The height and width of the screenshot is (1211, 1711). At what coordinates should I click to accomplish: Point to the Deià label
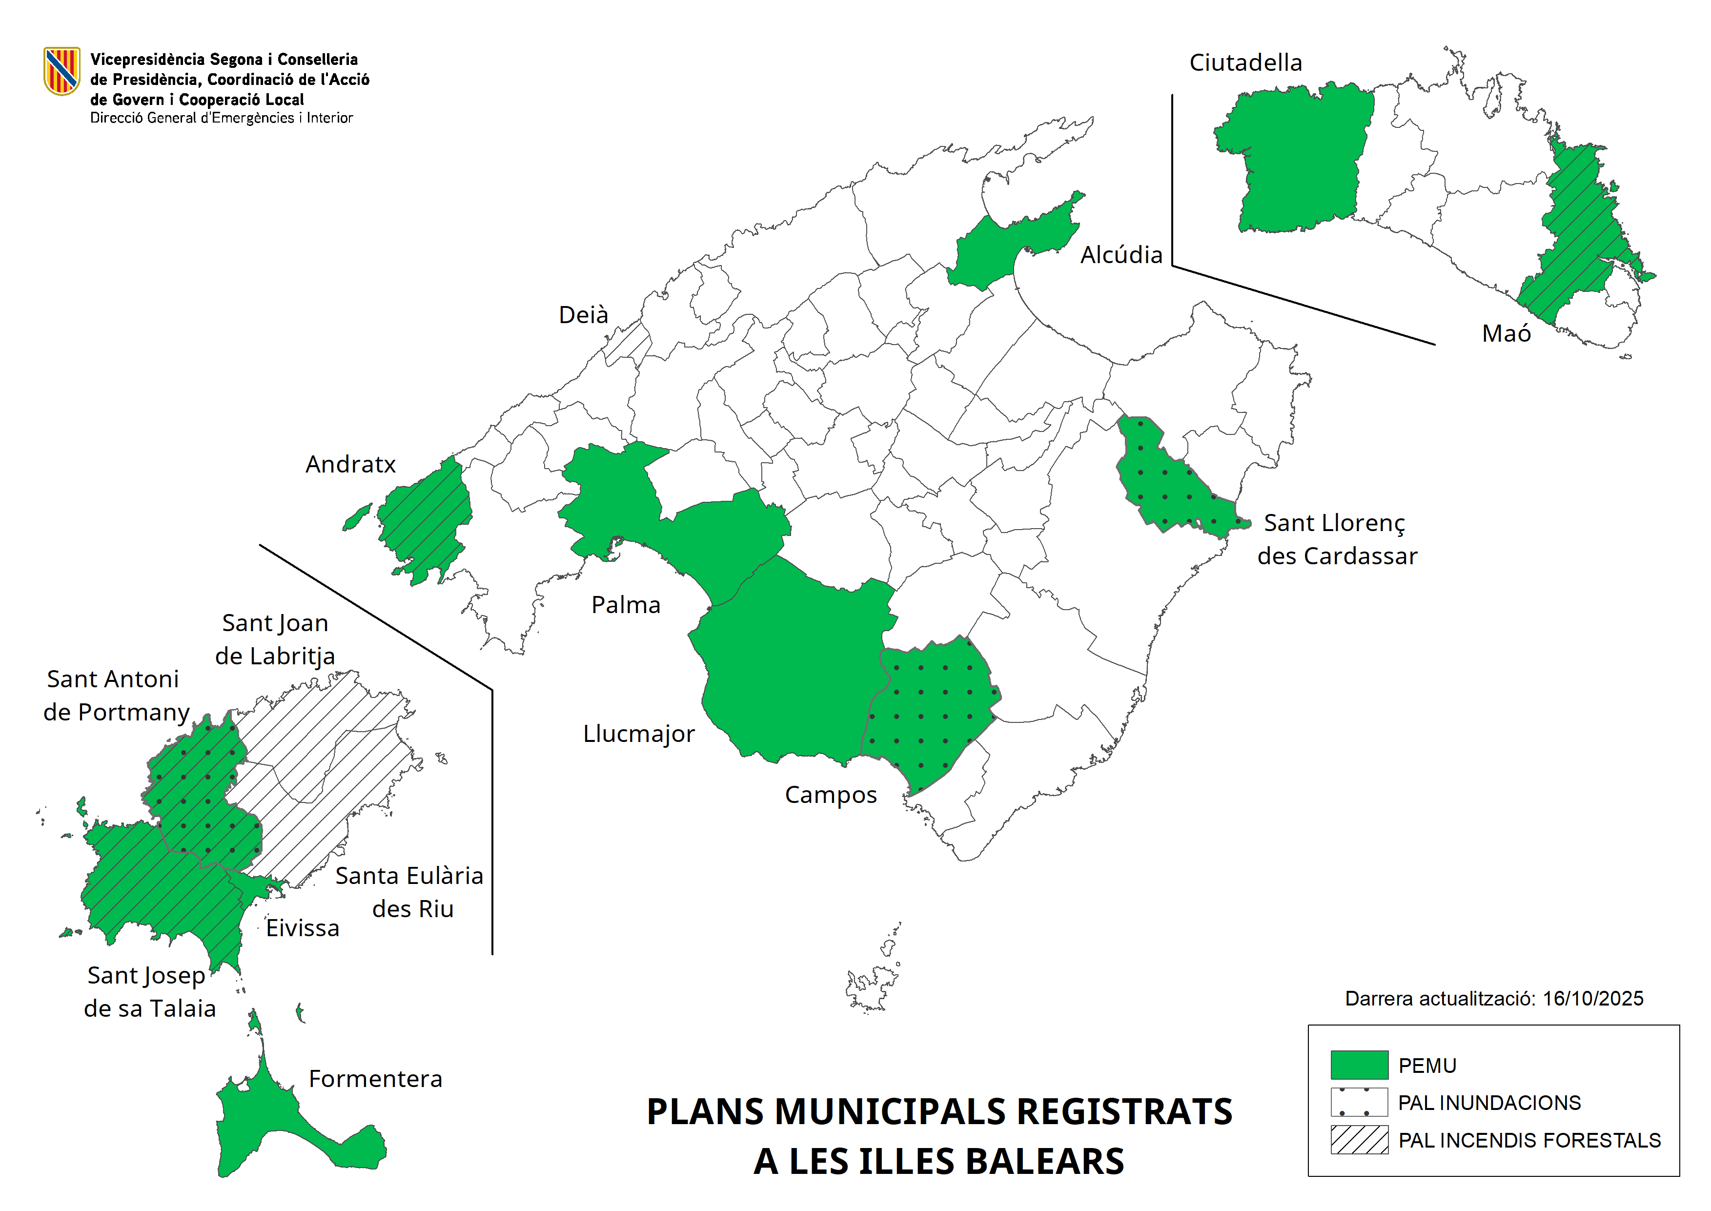pyautogui.click(x=583, y=315)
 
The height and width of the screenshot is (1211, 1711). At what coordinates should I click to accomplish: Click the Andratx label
pyautogui.click(x=350, y=465)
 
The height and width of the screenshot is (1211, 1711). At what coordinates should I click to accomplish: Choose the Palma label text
pyautogui.click(x=626, y=605)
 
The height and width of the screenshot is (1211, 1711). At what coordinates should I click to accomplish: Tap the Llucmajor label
pyautogui.click(x=638, y=734)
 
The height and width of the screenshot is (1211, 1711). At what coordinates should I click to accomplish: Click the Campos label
pyautogui.click(x=831, y=795)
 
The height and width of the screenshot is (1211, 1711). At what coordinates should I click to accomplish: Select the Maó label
pyautogui.click(x=1506, y=333)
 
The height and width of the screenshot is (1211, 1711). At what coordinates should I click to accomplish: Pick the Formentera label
pyautogui.click(x=375, y=1079)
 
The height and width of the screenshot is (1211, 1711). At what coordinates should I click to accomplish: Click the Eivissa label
pyautogui.click(x=303, y=928)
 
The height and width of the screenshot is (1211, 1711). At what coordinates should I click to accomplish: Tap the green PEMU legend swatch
pyautogui.click(x=1358, y=1065)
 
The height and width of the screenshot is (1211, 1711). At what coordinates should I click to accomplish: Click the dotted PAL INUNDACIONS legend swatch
pyautogui.click(x=1358, y=1102)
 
